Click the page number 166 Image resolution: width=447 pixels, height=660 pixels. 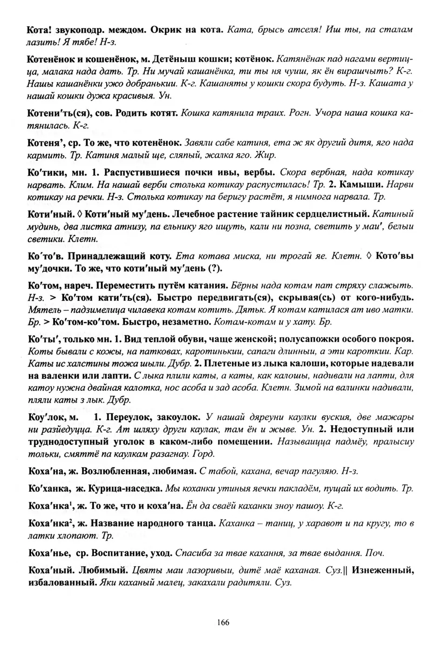point(223,622)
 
